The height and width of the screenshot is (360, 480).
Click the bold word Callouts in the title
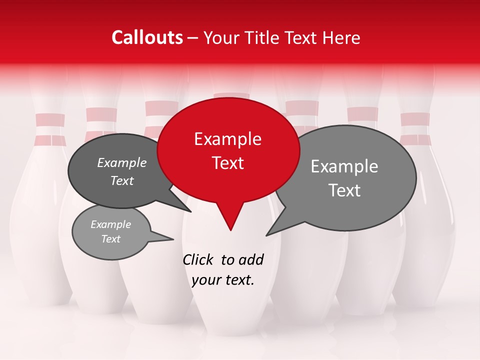click(x=147, y=37)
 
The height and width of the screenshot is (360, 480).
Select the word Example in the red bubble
click(x=227, y=139)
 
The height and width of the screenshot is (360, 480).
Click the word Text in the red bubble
click(x=227, y=163)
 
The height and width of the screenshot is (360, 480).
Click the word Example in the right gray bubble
click(x=344, y=166)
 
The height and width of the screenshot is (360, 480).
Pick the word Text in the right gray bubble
click(x=344, y=190)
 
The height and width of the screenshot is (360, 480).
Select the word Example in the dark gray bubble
click(x=122, y=163)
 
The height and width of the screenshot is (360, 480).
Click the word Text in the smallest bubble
click(x=111, y=239)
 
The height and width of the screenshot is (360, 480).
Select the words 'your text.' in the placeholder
click(x=223, y=280)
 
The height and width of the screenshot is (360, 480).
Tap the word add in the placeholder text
click(x=251, y=260)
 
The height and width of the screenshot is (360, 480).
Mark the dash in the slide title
click(x=193, y=37)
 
